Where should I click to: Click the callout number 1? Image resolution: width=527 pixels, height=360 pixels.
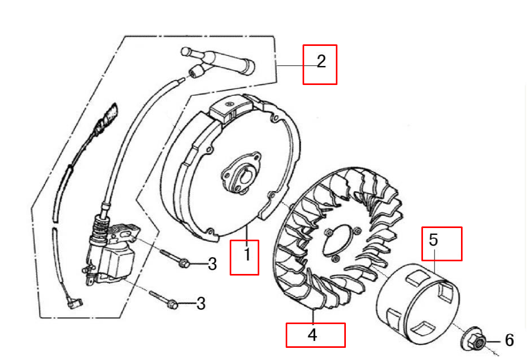[247, 254]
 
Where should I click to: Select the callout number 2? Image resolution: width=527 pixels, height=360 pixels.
[321, 61]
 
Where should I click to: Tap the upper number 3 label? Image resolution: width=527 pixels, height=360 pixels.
[212, 264]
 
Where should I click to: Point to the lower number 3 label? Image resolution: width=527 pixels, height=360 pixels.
[201, 304]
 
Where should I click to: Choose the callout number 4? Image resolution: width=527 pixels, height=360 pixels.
[312, 335]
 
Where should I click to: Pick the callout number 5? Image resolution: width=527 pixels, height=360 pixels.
[433, 240]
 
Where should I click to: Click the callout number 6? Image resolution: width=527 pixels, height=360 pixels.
[510, 340]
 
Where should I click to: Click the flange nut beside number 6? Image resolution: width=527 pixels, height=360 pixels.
[474, 339]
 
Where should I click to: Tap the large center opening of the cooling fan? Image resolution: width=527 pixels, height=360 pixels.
[337, 241]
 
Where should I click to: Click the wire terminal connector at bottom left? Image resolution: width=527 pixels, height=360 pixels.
[75, 303]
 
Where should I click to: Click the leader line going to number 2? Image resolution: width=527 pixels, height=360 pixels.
[296, 65]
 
